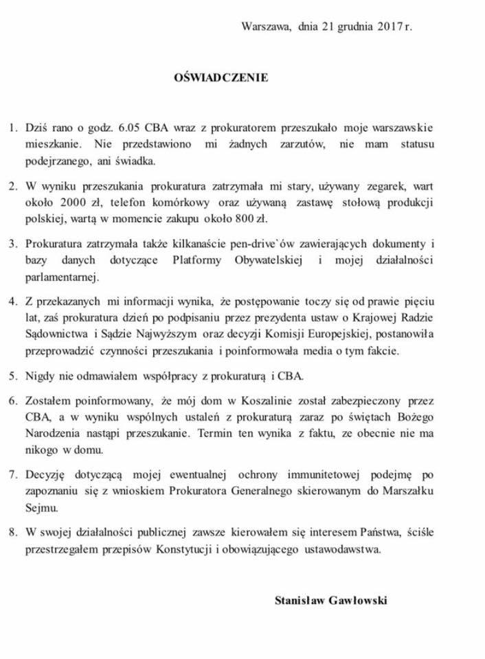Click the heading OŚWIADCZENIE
click(x=221, y=78)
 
